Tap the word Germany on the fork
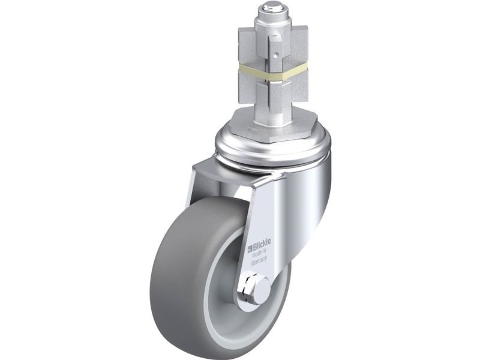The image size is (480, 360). pos(259,260)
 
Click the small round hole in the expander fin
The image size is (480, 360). pos(277,56)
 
